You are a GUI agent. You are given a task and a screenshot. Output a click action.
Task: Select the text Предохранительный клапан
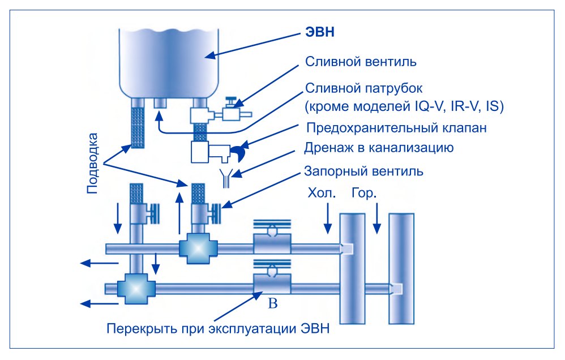click(396, 128)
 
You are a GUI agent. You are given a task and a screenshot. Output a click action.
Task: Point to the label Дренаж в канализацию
click(378, 149)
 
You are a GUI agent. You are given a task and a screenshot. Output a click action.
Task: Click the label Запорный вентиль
click(364, 170)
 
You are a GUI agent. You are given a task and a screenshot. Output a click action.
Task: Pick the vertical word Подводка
click(95, 164)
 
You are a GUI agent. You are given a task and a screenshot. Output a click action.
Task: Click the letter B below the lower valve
click(272, 305)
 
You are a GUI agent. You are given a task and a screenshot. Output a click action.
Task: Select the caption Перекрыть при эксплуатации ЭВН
click(217, 329)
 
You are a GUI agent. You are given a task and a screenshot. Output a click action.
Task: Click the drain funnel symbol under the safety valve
click(225, 177)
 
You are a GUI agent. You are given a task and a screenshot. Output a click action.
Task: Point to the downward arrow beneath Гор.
click(376, 221)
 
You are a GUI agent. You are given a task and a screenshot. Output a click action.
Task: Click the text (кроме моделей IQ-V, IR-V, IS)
click(404, 106)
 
